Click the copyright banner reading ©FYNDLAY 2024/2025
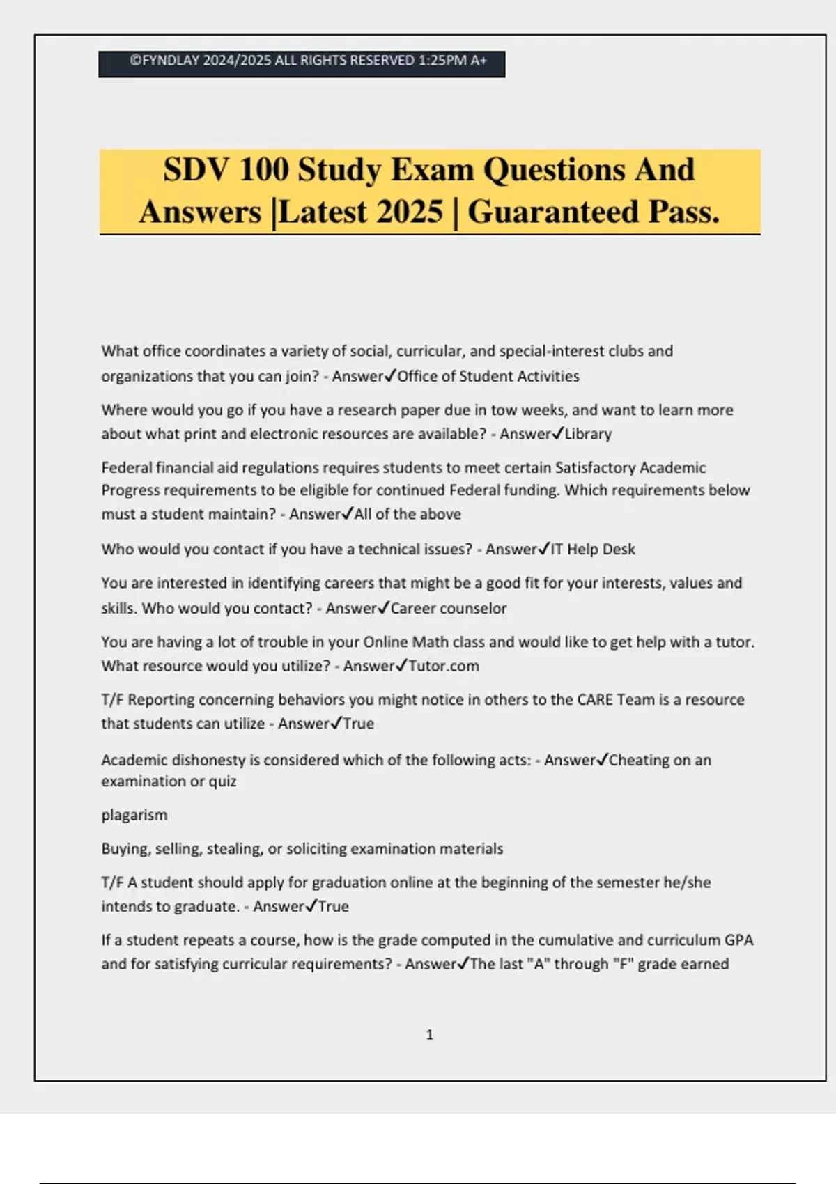pyautogui.click(x=302, y=62)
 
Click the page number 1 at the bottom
pyautogui.click(x=429, y=1035)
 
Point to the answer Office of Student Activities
pyautogui.click(x=488, y=376)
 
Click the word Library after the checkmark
pyautogui.click(x=588, y=434)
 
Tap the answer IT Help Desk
pyautogui.click(x=593, y=549)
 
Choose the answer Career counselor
pyautogui.click(x=449, y=608)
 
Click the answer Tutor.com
pyautogui.click(x=444, y=666)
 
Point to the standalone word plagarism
pyautogui.click(x=134, y=815)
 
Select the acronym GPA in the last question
pyautogui.click(x=738, y=940)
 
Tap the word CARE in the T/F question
pyautogui.click(x=595, y=699)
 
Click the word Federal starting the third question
pyautogui.click(x=125, y=467)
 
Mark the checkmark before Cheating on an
pyautogui.click(x=603, y=759)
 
